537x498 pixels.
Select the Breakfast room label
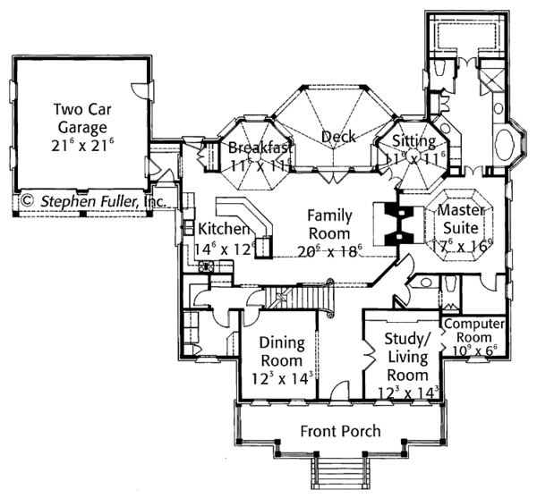(260, 147)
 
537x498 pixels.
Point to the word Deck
(338, 137)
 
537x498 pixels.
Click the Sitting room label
(413, 142)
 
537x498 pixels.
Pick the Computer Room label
(474, 330)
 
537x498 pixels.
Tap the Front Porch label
(339, 431)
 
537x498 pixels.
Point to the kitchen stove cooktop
(206, 266)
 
